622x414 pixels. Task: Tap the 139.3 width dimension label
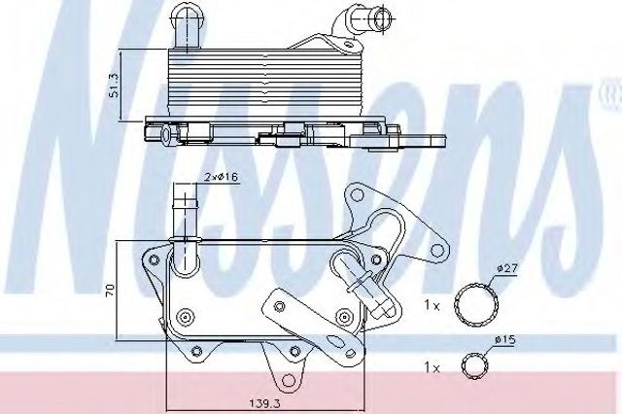coord(265,403)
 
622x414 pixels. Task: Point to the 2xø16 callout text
coord(222,177)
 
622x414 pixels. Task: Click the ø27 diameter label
coord(507,268)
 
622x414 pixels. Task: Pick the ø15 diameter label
coord(504,339)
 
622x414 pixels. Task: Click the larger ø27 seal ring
coord(476,305)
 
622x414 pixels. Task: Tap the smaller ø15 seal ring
coord(475,365)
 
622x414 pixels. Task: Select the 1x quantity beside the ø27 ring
coord(432,306)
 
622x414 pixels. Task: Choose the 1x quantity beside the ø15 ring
coord(432,368)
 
